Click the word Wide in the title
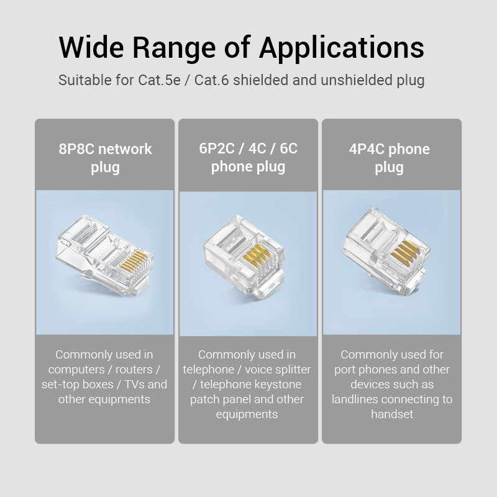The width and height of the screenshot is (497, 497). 91,48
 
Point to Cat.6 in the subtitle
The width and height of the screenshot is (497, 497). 211,80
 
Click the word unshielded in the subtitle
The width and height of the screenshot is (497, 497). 356,80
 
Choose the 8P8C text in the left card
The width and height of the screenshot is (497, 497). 76,149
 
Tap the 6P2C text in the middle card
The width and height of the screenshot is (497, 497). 216,148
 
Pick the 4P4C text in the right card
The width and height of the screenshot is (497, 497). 367,149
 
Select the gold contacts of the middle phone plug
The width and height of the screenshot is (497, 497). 256,254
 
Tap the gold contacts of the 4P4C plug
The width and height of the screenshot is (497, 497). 406,251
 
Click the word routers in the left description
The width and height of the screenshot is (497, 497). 134,370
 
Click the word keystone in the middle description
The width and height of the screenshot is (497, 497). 276,385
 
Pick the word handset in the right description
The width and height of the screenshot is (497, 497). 392,414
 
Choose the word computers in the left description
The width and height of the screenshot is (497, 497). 76,370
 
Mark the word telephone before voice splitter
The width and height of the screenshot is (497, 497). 209,370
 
